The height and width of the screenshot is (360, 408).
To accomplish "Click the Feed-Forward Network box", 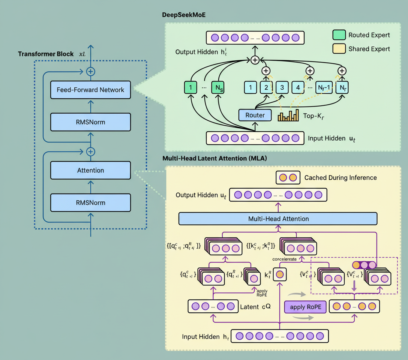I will (90, 90).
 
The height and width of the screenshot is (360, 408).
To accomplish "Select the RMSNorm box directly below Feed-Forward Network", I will (90, 122).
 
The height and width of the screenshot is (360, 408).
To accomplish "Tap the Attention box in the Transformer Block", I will (90, 170).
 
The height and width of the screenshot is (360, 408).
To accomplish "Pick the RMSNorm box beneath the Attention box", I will (90, 203).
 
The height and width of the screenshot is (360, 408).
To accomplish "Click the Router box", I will (255, 115).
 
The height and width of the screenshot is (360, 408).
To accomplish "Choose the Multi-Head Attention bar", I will (278, 219).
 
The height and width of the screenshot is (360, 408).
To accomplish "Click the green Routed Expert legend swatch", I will (339, 35).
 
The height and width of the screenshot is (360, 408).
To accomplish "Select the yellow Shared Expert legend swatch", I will (339, 49).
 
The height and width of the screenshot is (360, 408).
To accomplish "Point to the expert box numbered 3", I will (282, 88).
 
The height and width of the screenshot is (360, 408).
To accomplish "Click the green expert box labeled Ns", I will (217, 88).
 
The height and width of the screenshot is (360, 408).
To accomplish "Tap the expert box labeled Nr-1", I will (324, 88).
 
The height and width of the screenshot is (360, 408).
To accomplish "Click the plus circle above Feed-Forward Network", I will (90, 71).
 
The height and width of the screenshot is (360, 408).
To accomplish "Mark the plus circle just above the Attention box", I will (90, 152).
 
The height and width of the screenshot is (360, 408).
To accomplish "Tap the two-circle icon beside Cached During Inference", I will (288, 177).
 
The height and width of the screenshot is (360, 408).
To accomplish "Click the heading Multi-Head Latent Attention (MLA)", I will (215, 158).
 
